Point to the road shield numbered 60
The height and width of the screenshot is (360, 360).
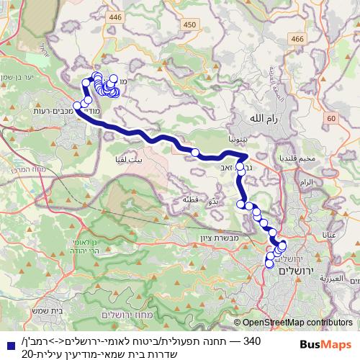pyautogui.click(x=330, y=117)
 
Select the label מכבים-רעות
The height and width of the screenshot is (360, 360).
pyautogui.click(x=44, y=112)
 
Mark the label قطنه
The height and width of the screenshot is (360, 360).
pyautogui.click(x=190, y=199)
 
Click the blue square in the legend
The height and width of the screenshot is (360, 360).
pyautogui.click(x=6, y=341)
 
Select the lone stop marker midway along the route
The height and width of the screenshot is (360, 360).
pyautogui.click(x=194, y=152)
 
